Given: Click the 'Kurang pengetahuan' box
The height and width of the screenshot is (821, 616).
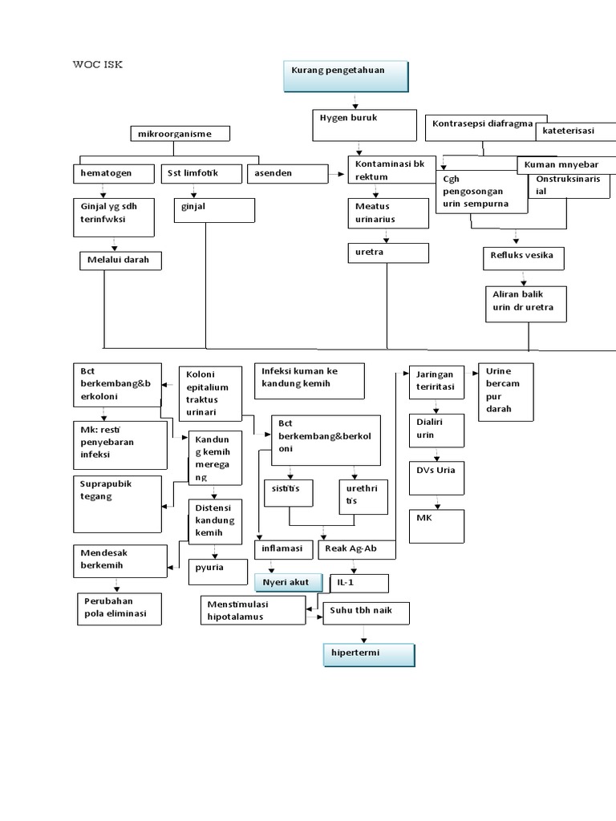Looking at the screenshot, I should tap(346, 76).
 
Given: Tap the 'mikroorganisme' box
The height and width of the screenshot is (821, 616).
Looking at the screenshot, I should tap(180, 134).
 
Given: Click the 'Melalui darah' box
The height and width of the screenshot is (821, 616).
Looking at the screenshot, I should tap(120, 261).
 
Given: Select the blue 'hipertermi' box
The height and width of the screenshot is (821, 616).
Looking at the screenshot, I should tap(368, 654).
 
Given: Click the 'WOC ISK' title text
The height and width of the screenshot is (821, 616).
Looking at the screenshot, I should tap(98, 65).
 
